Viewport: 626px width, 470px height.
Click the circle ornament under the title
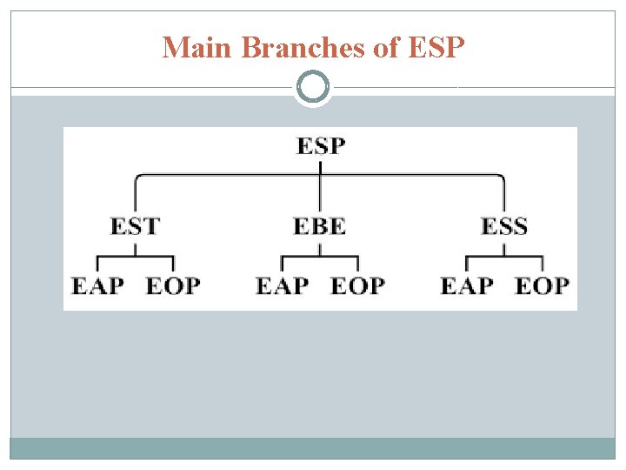click(313, 87)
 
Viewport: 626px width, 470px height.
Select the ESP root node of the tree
click(320, 144)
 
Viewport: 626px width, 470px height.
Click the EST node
click(135, 226)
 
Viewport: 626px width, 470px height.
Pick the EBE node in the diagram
click(319, 226)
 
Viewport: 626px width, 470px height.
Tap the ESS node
click(504, 226)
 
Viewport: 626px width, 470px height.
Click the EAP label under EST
click(97, 285)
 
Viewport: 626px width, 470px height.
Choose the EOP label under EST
click(173, 285)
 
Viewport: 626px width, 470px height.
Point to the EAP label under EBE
click(282, 285)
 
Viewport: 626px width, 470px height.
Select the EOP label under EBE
click(357, 285)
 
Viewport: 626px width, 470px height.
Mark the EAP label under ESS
click(467, 285)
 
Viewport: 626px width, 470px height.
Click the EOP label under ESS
click(543, 285)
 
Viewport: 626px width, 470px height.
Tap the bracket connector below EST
click(135, 258)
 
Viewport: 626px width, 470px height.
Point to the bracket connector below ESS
click(504, 258)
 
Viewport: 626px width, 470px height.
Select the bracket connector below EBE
click(319, 258)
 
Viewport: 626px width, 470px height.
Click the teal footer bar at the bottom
click(313, 447)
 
